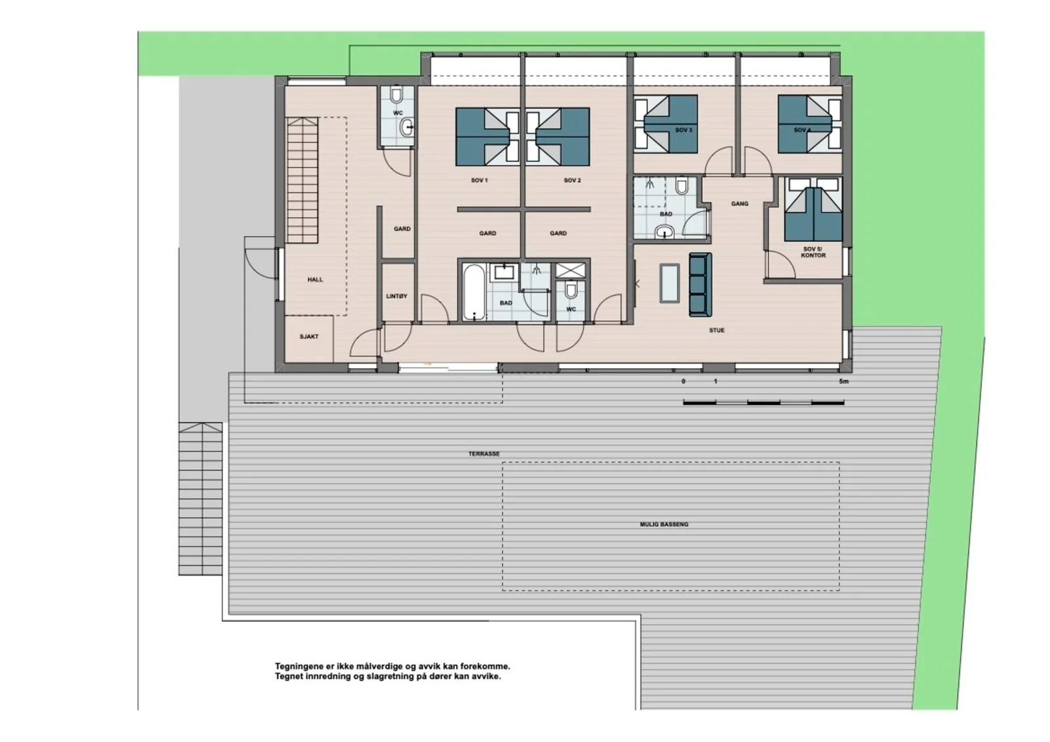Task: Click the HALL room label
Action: click(x=315, y=280)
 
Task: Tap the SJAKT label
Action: click(x=309, y=337)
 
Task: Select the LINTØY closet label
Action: click(x=396, y=297)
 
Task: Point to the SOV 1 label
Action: click(x=480, y=180)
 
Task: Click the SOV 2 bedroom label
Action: click(x=572, y=180)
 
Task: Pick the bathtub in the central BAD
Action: click(x=474, y=293)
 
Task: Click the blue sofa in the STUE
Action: click(x=700, y=285)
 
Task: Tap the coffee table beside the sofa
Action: click(x=669, y=283)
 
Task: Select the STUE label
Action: click(x=717, y=331)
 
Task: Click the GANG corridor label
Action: click(x=740, y=204)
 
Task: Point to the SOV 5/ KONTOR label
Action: click(x=813, y=252)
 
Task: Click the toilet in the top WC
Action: click(x=396, y=96)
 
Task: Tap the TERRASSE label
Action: click(x=484, y=454)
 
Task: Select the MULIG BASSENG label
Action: click(x=664, y=524)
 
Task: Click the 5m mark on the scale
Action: click(x=844, y=382)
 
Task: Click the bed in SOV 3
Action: click(x=666, y=124)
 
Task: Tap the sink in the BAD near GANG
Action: click(x=664, y=232)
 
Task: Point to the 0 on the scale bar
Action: click(x=683, y=382)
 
